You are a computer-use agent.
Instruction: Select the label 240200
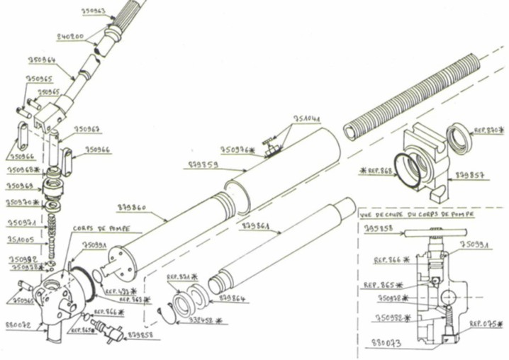pos(71,36)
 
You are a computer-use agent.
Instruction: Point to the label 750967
pos(86,130)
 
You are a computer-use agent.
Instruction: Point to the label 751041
pos(307,118)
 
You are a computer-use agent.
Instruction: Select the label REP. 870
pos(488,130)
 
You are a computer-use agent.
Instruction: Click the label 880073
pos(387,343)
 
